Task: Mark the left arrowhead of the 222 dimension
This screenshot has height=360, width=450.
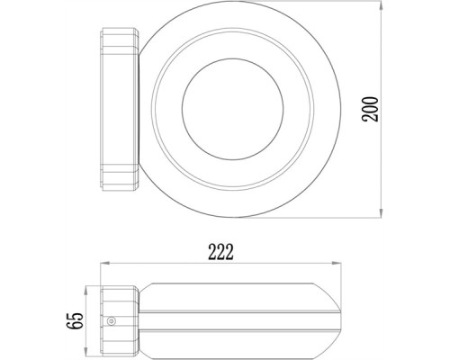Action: [102, 264]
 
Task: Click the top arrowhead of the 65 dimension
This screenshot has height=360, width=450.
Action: [87, 289]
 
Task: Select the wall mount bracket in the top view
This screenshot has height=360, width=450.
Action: [116, 112]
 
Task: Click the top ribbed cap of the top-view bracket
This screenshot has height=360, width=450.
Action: [116, 41]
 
